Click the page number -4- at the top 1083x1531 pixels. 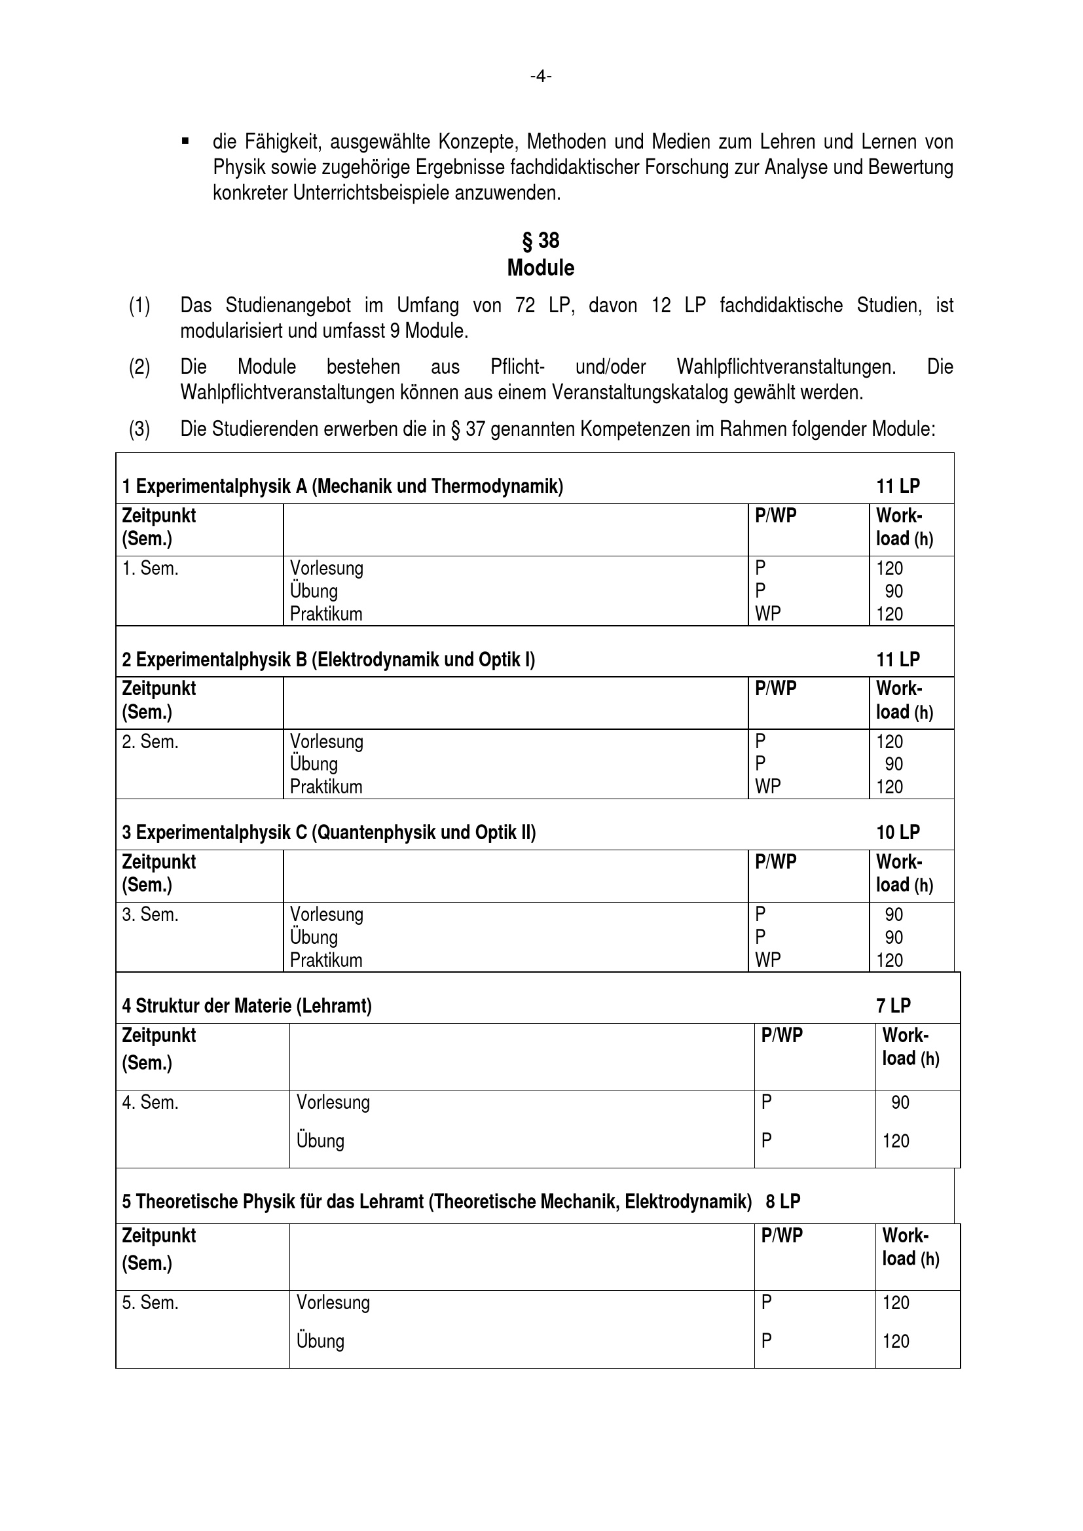[541, 77]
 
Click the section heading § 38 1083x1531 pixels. [541, 240]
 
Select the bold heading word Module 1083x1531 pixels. [541, 268]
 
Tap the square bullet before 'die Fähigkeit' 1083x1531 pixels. [185, 141]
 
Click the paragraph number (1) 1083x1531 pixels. [139, 306]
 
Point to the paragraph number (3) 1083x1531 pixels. [139, 429]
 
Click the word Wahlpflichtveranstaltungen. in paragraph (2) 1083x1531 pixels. [786, 367]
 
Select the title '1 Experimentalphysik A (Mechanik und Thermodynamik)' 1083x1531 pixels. [342, 486]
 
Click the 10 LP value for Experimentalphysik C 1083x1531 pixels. [898, 832]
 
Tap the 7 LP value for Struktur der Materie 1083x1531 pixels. [893, 1005]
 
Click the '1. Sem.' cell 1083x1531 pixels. [150, 569]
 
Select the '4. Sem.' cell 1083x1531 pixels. [150, 1102]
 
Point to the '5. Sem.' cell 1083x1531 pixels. [150, 1303]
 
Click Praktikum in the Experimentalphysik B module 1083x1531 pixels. [326, 787]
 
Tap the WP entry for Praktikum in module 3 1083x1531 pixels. [767, 960]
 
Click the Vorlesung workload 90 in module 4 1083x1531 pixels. [900, 1102]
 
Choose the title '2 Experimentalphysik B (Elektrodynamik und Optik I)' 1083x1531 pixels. [328, 660]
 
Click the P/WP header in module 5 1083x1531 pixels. [782, 1236]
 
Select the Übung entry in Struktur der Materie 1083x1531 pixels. [320, 1141]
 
